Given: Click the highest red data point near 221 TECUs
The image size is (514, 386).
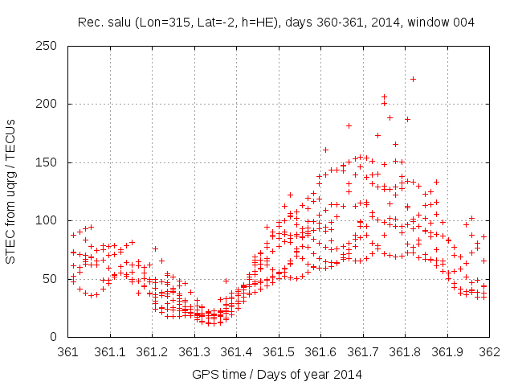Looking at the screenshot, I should tap(413, 79).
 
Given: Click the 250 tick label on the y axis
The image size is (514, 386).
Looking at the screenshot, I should tap(50, 46).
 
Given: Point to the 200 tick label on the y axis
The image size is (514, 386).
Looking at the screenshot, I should tap(50, 104).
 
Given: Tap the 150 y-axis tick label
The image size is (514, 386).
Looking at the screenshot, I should tap(50, 162).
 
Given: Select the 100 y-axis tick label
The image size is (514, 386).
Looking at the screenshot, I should tap(50, 220).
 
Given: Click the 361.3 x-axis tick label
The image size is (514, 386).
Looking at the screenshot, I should tap(194, 351).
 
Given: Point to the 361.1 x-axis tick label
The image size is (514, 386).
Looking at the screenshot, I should tap(110, 351).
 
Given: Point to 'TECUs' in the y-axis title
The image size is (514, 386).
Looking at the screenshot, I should tap(10, 134).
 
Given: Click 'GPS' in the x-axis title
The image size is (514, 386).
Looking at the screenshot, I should tap(204, 375).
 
